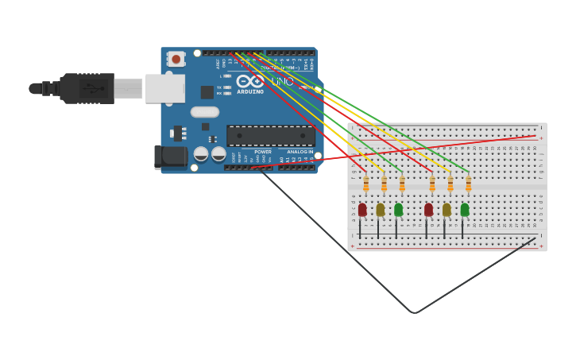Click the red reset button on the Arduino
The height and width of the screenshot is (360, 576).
tap(176, 59)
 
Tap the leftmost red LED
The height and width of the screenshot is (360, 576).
tap(362, 210)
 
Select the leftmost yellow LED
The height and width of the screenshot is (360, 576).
tap(381, 210)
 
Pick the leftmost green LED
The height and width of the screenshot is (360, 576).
tap(398, 210)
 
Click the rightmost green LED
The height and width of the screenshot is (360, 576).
tap(465, 210)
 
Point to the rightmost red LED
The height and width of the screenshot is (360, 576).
tap(428, 210)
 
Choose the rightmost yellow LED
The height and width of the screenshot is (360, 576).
tap(446, 210)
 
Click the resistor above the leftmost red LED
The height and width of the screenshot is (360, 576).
tap(366, 184)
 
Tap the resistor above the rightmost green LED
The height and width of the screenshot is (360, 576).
tap(468, 184)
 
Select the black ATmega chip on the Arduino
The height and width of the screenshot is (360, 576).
tap(270, 136)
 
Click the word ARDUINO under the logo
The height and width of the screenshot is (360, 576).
tap(249, 91)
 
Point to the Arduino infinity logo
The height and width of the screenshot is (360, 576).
tap(249, 81)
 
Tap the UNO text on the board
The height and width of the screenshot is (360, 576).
tap(282, 82)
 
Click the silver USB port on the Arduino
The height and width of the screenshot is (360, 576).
tap(165, 88)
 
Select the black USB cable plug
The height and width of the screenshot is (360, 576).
tap(87, 88)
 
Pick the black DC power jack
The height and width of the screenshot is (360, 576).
tap(171, 157)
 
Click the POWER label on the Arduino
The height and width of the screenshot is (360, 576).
tap(263, 152)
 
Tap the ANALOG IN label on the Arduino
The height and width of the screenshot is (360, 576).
tap(300, 152)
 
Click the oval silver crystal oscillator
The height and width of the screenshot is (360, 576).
tap(205, 112)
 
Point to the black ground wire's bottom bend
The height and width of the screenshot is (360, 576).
tap(414, 312)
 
